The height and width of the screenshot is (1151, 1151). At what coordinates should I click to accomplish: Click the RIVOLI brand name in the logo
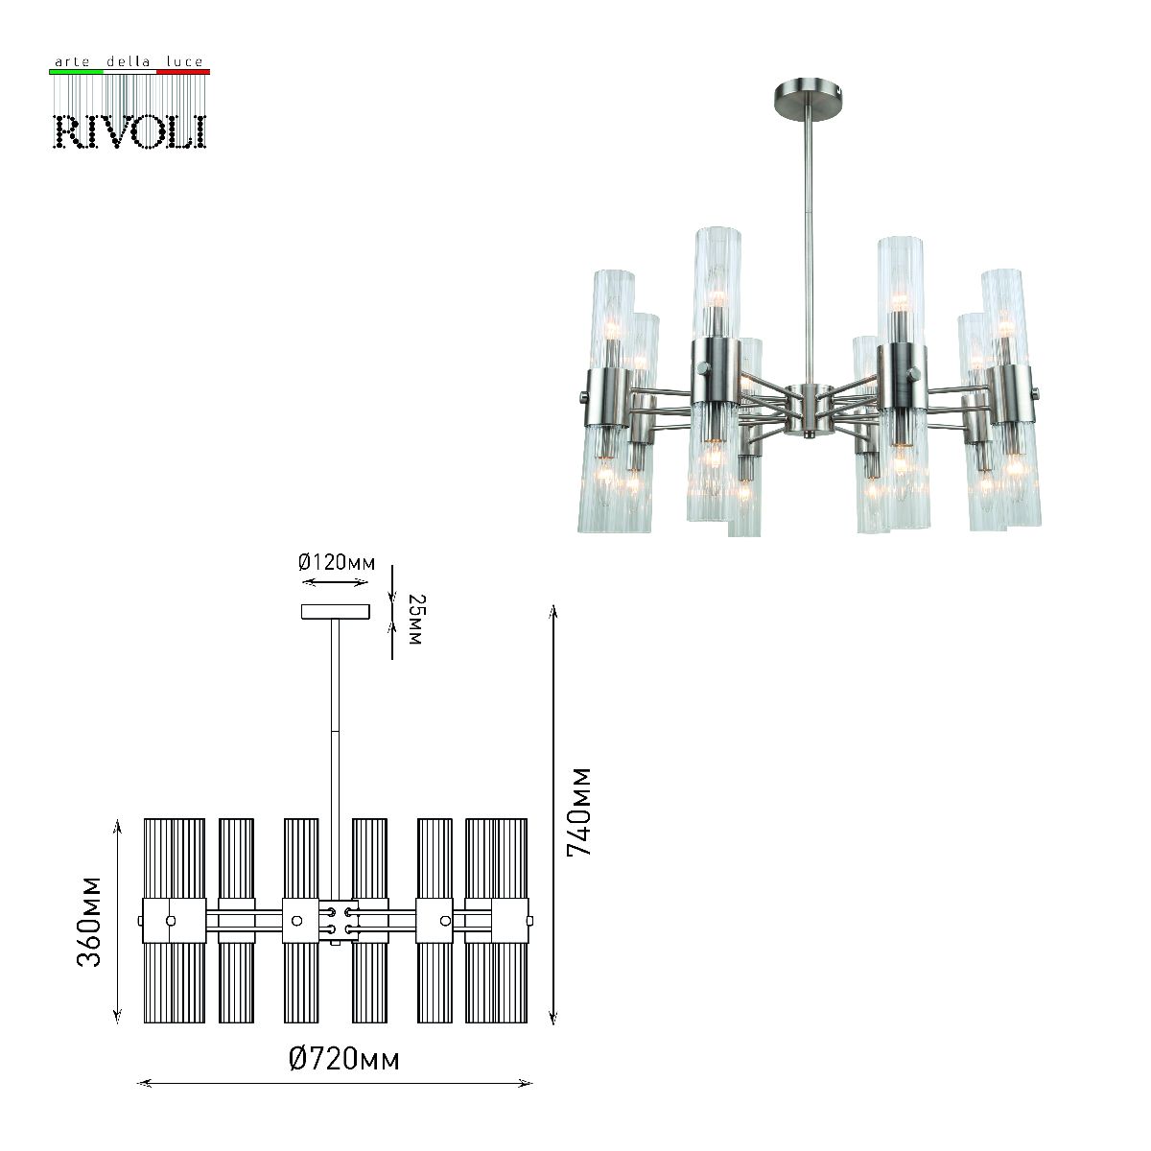(129, 131)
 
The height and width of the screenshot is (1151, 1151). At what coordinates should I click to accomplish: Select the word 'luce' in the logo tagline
(184, 62)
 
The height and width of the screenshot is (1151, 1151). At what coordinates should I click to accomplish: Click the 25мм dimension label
(414, 619)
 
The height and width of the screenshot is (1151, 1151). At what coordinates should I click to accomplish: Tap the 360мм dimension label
(90, 921)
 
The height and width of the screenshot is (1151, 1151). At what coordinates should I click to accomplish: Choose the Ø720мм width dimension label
(343, 1059)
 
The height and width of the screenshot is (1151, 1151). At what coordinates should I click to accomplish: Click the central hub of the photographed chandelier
(809, 409)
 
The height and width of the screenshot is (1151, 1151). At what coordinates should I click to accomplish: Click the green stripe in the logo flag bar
(76, 72)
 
